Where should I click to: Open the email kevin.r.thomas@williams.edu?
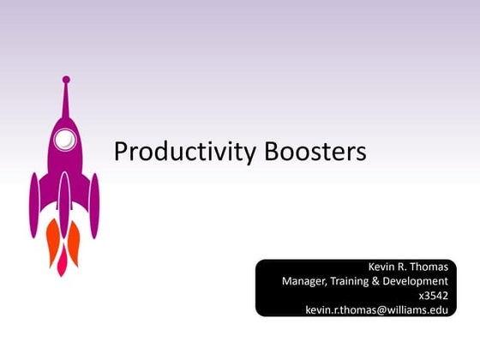click(x=376, y=309)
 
